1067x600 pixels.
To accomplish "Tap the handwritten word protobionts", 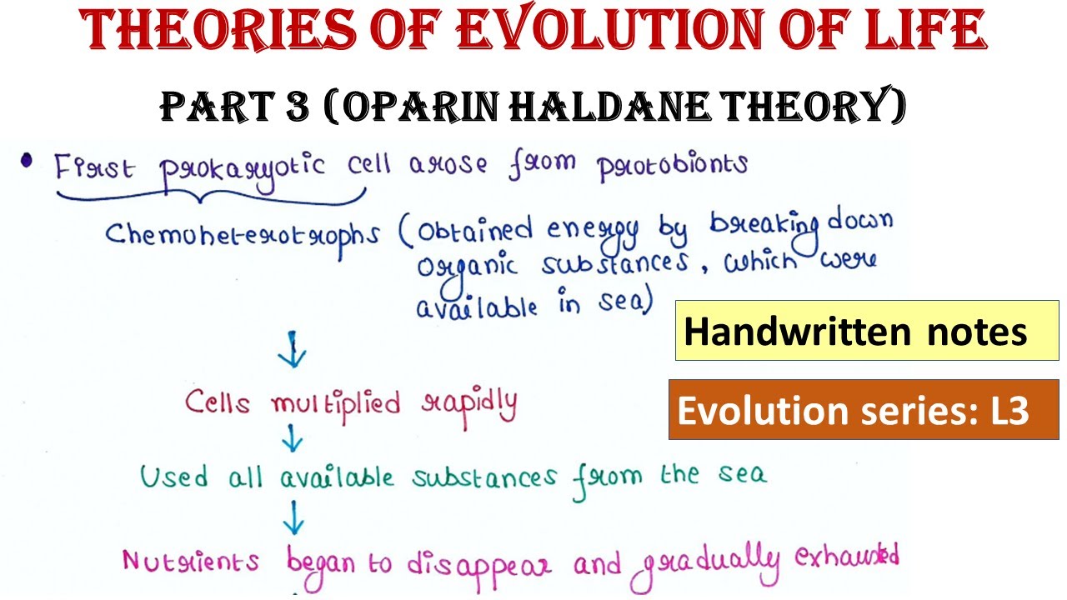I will click(x=672, y=167).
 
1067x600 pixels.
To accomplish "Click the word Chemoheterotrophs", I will click(x=241, y=236).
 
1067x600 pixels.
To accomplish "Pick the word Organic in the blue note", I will click(x=467, y=267).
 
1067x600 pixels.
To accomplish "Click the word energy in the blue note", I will click(x=593, y=230).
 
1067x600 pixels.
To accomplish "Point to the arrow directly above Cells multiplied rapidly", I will click(x=293, y=351).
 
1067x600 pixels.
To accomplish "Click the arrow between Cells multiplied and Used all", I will click(x=293, y=437).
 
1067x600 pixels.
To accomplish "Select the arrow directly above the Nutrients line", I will click(x=293, y=522).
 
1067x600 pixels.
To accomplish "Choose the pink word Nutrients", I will click(x=191, y=561).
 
